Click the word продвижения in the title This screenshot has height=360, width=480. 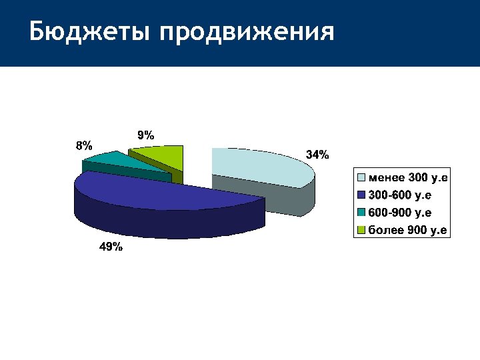[246, 31]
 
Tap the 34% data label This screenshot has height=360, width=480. [317, 155]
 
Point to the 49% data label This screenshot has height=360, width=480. [111, 247]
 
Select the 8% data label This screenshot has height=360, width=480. [84, 145]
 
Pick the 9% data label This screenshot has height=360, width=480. [145, 134]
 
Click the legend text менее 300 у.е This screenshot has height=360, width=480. [407, 177]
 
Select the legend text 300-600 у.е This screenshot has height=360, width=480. [399, 195]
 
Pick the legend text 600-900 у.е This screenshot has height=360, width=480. [399, 213]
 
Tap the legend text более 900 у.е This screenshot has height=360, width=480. [407, 231]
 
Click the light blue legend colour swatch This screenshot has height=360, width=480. [362, 177]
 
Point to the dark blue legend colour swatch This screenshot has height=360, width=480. [362, 195]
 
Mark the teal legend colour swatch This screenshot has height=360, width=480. [362, 213]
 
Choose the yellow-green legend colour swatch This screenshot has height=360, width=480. [362, 231]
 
